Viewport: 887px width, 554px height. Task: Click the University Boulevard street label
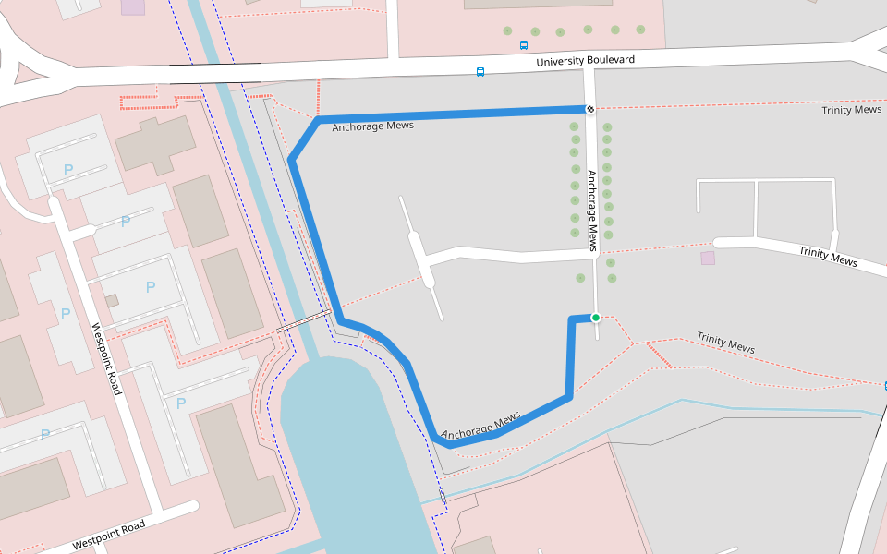click(586, 61)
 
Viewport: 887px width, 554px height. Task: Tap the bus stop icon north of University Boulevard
click(524, 44)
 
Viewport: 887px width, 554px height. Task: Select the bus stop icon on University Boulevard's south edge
click(480, 72)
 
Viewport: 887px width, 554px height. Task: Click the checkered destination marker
click(589, 110)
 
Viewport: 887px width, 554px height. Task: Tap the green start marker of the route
click(596, 318)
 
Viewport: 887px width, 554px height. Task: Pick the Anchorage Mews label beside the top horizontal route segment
click(372, 126)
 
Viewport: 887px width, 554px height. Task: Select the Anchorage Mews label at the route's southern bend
click(480, 426)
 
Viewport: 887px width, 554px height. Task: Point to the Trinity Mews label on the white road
click(828, 256)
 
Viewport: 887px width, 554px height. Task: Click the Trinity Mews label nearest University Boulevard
click(851, 110)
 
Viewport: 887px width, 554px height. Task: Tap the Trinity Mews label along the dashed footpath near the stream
click(725, 343)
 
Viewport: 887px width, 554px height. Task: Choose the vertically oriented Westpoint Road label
click(106, 359)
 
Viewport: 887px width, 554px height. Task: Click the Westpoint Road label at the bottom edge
click(108, 535)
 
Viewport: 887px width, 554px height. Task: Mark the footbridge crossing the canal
click(302, 322)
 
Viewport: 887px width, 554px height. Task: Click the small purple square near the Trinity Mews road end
click(708, 258)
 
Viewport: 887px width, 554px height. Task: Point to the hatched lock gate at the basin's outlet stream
click(443, 497)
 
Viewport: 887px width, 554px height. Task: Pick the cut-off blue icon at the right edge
click(884, 385)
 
